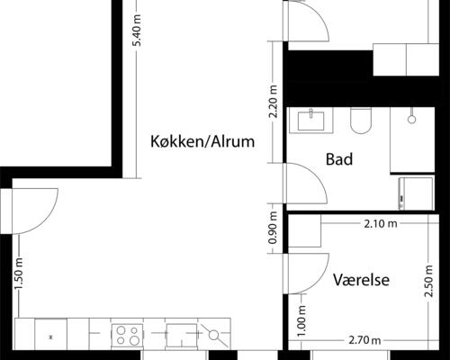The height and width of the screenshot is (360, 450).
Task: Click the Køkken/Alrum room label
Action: [202, 141]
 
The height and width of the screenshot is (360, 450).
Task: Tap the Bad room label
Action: [338, 159]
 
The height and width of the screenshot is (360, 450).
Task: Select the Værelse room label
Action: [360, 280]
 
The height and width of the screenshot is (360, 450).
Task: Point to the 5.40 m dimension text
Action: [137, 38]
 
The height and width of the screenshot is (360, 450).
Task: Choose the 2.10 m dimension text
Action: [379, 223]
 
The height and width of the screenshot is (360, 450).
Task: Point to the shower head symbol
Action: [410, 116]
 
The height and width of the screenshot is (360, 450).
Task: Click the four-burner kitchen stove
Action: [126, 336]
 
